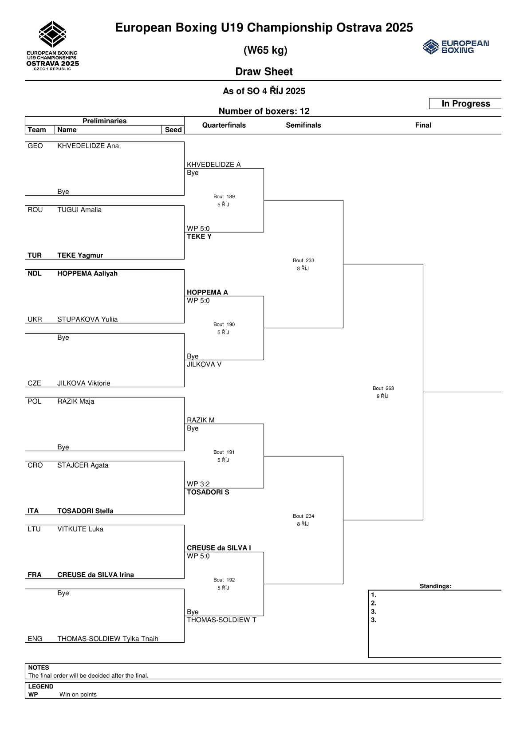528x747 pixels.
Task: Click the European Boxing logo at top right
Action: coord(456,47)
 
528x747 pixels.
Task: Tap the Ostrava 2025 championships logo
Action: coord(53,46)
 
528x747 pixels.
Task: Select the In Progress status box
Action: coord(465,104)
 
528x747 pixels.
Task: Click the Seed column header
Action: coord(173,130)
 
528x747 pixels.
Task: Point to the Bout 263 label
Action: coord(383,388)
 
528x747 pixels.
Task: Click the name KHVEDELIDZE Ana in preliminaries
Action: coord(88,146)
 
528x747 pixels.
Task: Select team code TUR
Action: coord(35,256)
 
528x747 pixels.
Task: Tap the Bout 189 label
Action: coord(224,197)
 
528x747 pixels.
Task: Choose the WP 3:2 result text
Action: coord(198,484)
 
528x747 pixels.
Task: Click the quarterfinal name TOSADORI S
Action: coord(208,492)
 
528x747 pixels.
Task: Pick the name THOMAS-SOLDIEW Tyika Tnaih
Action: coord(108,639)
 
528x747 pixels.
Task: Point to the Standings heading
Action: coord(435,586)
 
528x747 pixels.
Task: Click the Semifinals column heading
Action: coord(303,126)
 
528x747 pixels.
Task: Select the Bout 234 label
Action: coord(303,516)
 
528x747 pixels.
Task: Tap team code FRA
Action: coord(35,575)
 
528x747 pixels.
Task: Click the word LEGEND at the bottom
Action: coord(41,687)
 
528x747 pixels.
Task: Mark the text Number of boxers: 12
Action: coord(264,111)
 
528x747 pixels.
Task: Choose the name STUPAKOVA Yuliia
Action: coord(87,319)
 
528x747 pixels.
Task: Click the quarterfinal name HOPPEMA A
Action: coord(207,292)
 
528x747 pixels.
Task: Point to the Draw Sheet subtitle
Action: coord(264,72)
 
